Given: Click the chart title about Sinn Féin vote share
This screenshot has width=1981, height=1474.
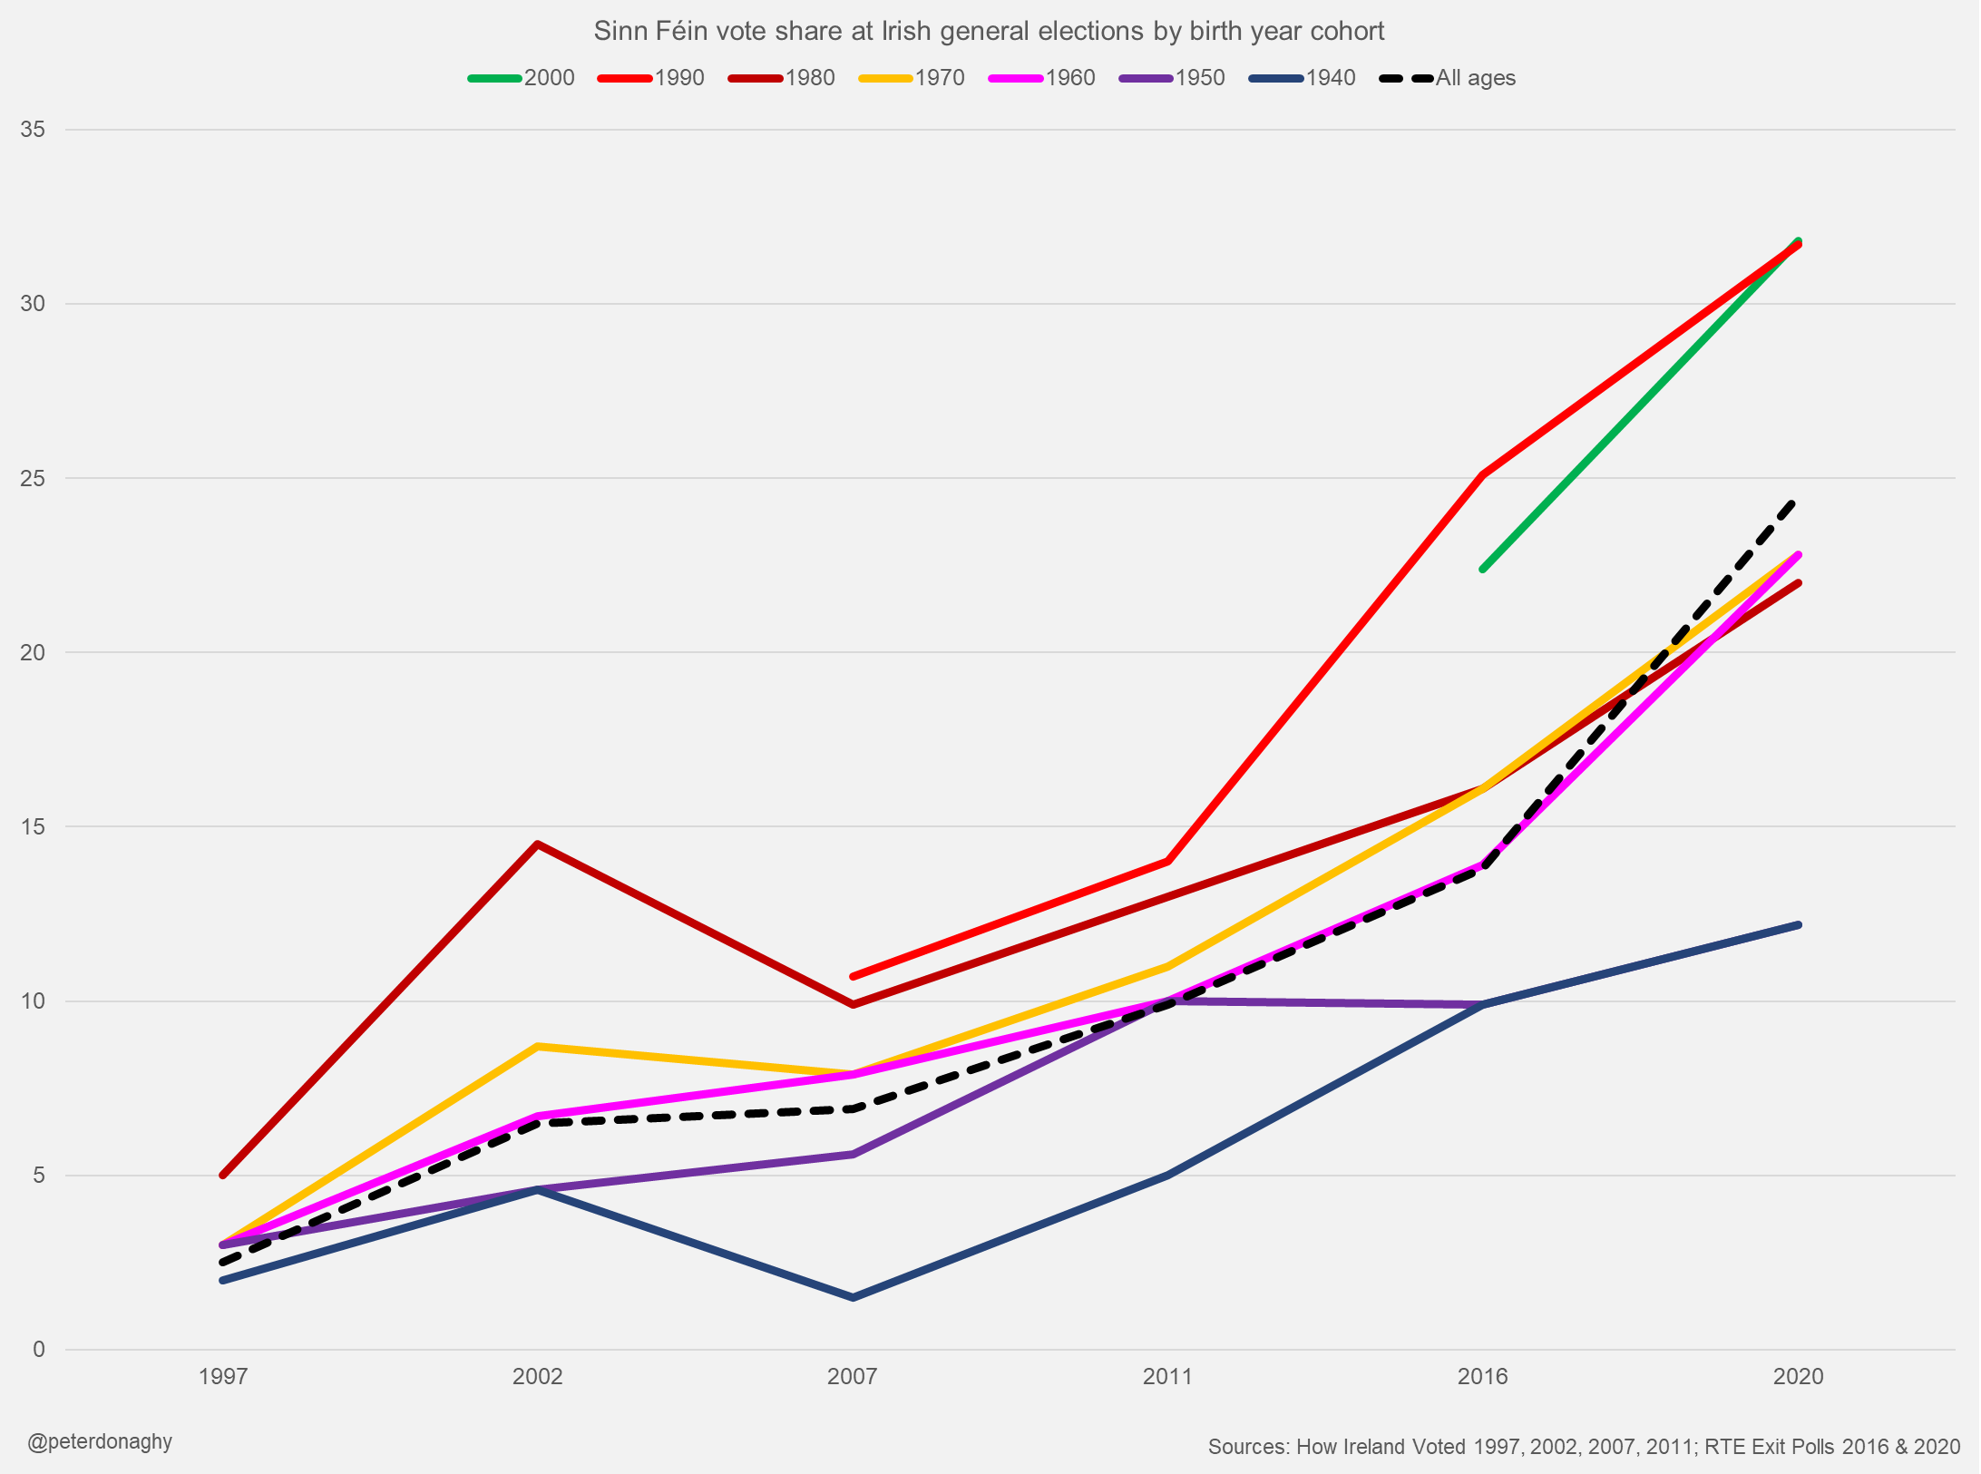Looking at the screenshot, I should click(989, 31).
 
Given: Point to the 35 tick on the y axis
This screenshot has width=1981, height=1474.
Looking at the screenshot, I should click(33, 130).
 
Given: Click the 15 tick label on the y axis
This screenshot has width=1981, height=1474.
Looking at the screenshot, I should click(33, 826).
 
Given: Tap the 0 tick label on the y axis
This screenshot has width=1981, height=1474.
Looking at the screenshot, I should click(38, 1349).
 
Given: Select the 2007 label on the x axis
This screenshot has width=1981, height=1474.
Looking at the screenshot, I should click(852, 1376).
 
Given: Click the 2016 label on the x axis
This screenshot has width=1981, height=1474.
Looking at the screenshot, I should click(1482, 1376).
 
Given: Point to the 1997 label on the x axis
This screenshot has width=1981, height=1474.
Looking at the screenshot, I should click(222, 1376).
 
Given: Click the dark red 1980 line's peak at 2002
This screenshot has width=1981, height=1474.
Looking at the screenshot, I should click(538, 844).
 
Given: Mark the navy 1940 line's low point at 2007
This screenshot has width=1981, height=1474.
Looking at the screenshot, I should click(853, 1297).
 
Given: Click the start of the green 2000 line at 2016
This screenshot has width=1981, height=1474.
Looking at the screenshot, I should click(1483, 569).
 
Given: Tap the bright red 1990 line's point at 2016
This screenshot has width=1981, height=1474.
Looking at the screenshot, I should click(1482, 474).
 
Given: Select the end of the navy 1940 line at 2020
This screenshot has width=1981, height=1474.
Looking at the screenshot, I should click(1798, 924).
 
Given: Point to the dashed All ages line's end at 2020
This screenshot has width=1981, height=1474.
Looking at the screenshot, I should click(1794, 502).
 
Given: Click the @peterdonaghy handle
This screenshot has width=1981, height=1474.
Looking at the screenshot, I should click(100, 1441).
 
